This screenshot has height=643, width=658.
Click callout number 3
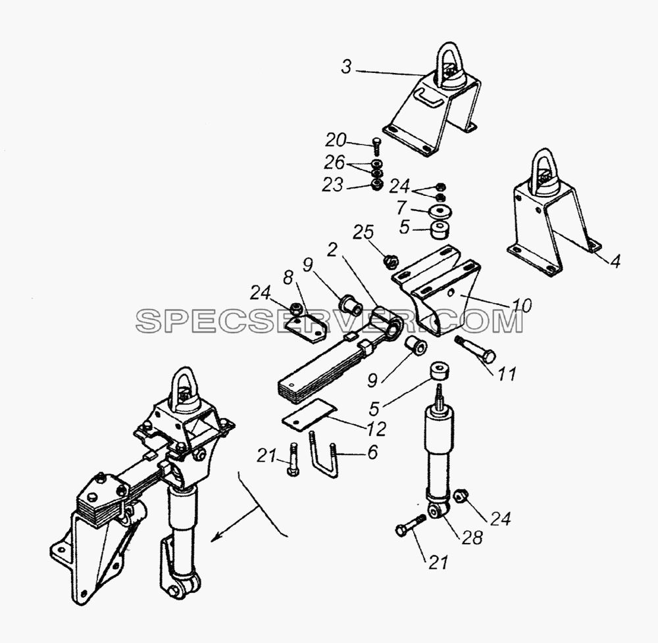(346, 67)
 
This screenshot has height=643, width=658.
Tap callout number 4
(615, 261)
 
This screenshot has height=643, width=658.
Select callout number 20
(336, 140)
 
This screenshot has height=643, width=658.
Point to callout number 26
(334, 162)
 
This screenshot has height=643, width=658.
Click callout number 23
(333, 185)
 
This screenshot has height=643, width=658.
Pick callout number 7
(401, 207)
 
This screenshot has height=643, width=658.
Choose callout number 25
(363, 232)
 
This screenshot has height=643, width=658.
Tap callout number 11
(507, 373)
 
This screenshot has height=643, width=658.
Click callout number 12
(376, 429)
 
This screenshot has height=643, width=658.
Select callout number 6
(372, 452)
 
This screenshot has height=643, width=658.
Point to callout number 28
(472, 537)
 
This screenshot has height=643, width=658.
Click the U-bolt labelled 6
(324, 456)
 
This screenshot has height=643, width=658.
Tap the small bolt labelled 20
(376, 147)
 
